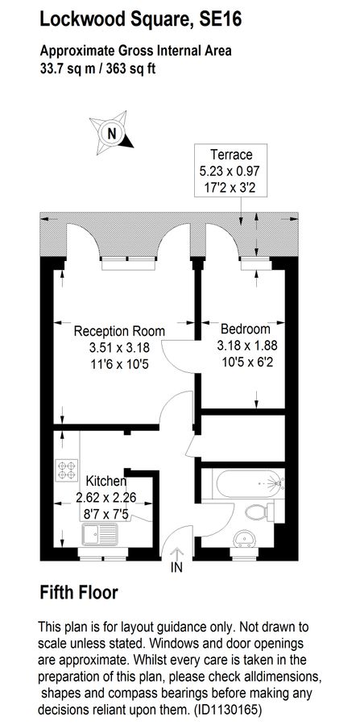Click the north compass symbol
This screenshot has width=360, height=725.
point(112,134)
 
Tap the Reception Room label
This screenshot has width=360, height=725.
point(119,331)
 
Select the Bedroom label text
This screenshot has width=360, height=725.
point(245,329)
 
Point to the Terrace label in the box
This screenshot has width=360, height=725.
point(231,154)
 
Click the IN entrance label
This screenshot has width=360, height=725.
point(176,569)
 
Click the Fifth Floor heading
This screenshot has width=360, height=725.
point(79,593)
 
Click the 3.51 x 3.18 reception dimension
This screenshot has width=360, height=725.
point(119,346)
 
